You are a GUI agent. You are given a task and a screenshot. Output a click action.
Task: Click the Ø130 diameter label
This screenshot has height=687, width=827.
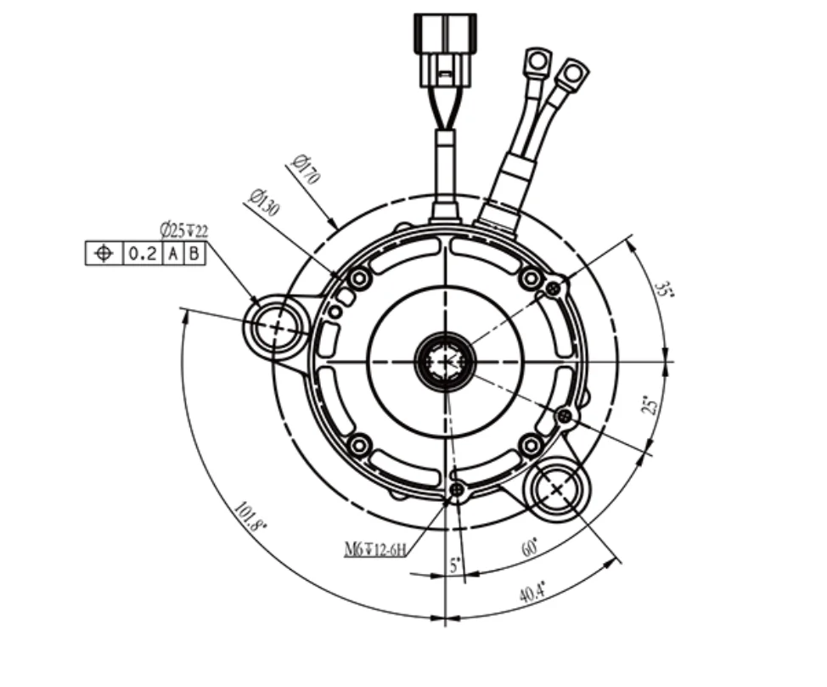coord(264,202)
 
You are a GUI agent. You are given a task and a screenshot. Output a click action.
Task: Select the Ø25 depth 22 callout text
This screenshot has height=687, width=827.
coord(184,231)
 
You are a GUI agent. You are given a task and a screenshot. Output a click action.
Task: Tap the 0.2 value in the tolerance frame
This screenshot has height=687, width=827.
coord(143,254)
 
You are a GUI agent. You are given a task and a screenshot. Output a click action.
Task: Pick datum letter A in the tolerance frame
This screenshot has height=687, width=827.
coord(173,254)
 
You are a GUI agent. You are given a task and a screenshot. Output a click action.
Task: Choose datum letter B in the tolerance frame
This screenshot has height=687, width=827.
coord(194,254)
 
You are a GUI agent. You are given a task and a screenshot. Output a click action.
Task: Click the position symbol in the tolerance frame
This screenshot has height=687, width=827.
coord(104,254)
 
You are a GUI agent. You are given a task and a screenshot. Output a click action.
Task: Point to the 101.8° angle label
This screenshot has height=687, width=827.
coord(250,516)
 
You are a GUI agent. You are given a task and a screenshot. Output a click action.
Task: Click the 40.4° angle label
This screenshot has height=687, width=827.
coord(532,592)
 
